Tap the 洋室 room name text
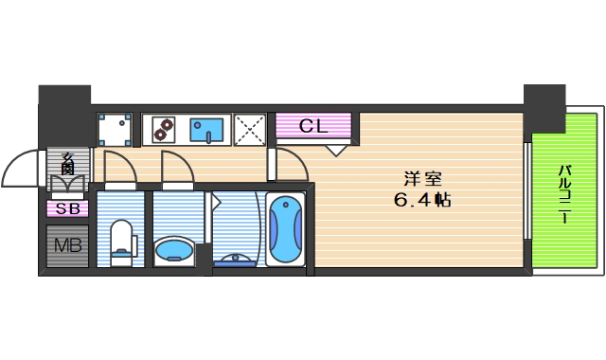coord(422,178)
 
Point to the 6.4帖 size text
coord(422,200)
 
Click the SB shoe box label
coord(67,208)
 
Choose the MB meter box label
coord(67,245)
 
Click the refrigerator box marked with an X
coord(249,129)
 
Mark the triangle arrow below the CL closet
coord(336,149)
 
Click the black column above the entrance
coord(63,96)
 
